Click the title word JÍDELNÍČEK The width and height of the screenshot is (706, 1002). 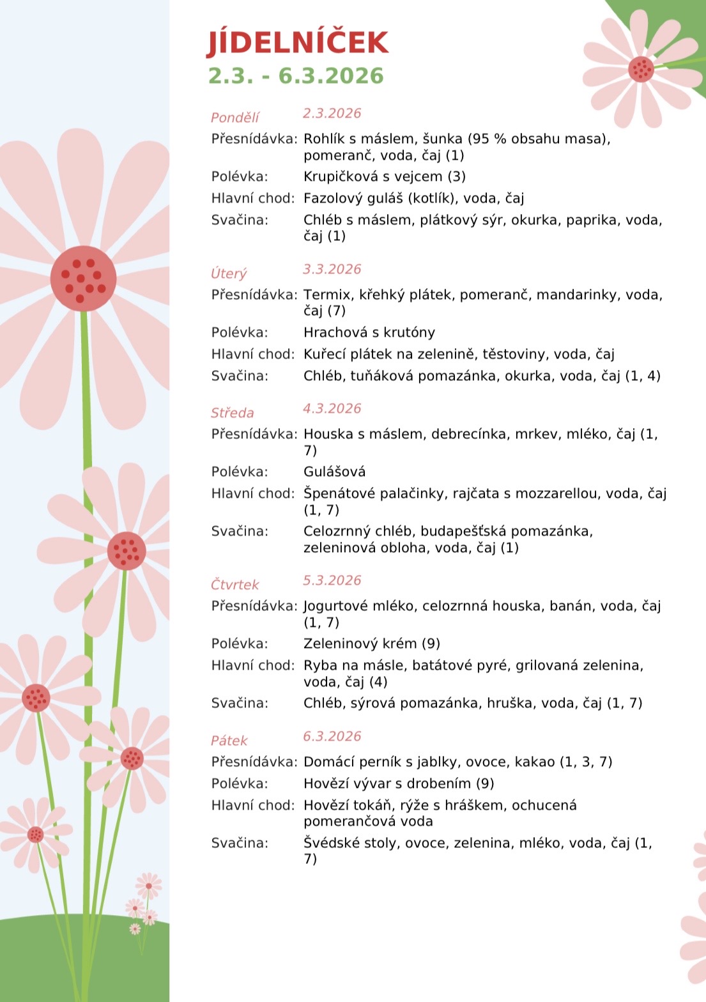pos(298,43)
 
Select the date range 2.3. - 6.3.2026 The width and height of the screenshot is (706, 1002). pos(296,76)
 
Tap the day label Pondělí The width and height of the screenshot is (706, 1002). pos(235,118)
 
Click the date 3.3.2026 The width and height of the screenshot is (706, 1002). pos(332,269)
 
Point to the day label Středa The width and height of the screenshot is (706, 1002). pos(233,413)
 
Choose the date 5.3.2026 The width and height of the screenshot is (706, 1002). pos(332,580)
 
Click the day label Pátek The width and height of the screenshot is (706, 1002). pos(229,741)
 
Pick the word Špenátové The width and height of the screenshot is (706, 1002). pos(339,494)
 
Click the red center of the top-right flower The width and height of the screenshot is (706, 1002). pos(640,68)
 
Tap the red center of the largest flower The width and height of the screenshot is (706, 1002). pos(83,279)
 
